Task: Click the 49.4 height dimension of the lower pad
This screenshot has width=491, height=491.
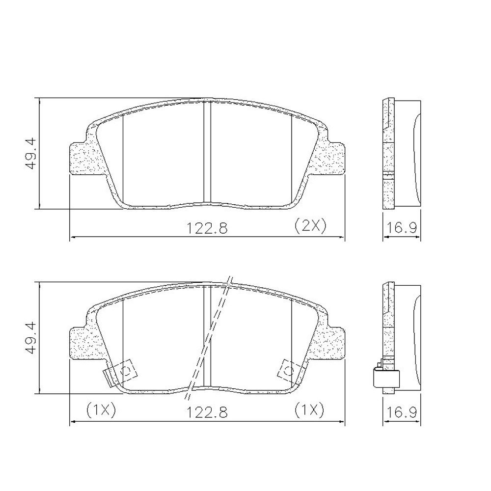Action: click(x=31, y=338)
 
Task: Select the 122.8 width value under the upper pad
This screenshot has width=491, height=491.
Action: click(x=207, y=228)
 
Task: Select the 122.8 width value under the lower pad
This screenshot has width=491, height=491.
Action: click(x=207, y=412)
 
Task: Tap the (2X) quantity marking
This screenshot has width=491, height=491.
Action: click(x=310, y=225)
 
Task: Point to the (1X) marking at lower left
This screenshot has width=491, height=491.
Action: click(x=101, y=410)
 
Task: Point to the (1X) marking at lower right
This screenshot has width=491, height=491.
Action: click(x=309, y=410)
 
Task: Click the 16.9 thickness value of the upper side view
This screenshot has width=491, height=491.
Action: click(x=401, y=228)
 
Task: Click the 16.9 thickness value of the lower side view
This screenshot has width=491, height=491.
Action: click(x=401, y=412)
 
